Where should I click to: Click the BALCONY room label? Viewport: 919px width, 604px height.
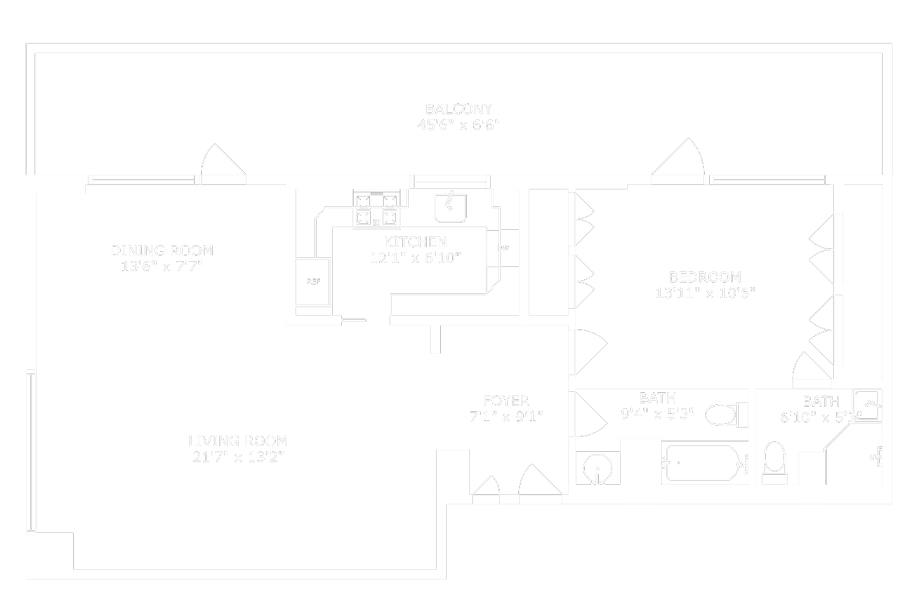(458, 109)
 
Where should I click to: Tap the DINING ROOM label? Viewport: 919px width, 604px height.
(161, 250)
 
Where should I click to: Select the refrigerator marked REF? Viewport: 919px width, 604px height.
(313, 281)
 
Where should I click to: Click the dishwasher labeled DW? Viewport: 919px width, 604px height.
(503, 248)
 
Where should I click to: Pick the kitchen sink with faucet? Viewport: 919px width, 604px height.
(451, 207)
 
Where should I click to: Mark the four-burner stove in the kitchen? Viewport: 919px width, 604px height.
(378, 210)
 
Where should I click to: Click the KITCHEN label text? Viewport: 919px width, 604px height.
(415, 242)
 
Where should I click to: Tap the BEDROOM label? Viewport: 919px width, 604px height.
(704, 277)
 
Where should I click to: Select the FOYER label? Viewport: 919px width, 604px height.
(505, 401)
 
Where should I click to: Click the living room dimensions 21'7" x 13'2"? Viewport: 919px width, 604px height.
(238, 457)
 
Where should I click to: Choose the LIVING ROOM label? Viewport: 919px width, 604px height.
(238, 441)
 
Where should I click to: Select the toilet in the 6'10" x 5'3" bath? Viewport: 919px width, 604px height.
(775, 460)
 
